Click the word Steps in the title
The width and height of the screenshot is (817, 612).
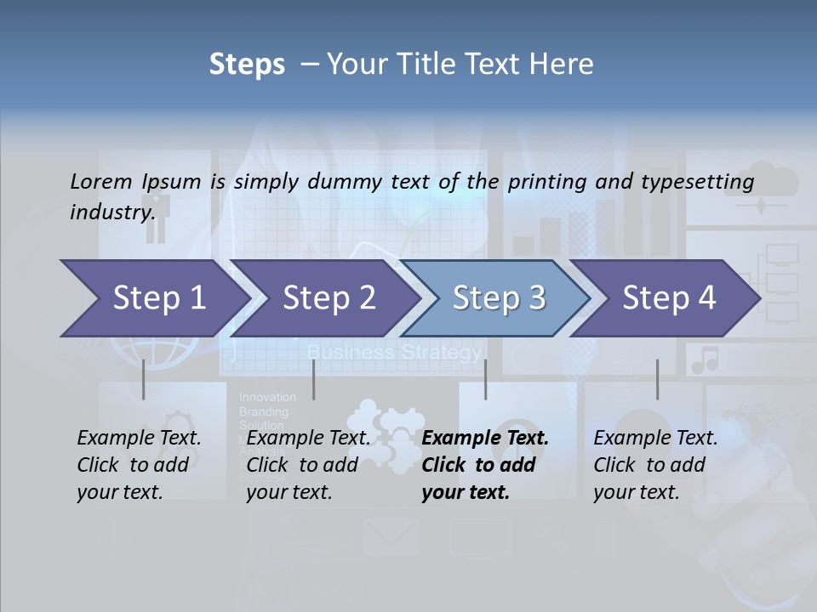tap(247, 64)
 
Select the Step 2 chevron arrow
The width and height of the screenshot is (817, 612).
tap(329, 297)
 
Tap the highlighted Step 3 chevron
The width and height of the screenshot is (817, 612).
tap(499, 297)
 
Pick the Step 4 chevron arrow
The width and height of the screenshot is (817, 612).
tap(669, 297)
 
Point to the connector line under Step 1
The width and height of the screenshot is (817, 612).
tap(143, 379)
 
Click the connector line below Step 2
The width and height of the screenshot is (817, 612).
tap(314, 379)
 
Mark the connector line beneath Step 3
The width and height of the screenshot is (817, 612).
tap(485, 379)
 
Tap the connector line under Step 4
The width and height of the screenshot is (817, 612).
tap(657, 379)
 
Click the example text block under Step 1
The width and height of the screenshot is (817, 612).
tap(139, 465)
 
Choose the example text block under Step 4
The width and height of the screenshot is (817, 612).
tap(655, 465)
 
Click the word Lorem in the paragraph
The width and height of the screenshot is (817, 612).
tap(101, 181)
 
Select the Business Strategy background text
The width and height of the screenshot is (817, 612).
tap(394, 352)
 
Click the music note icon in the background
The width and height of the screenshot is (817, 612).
tap(705, 360)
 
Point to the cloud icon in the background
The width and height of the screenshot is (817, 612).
tap(760, 183)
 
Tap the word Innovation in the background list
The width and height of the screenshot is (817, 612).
tap(267, 397)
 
